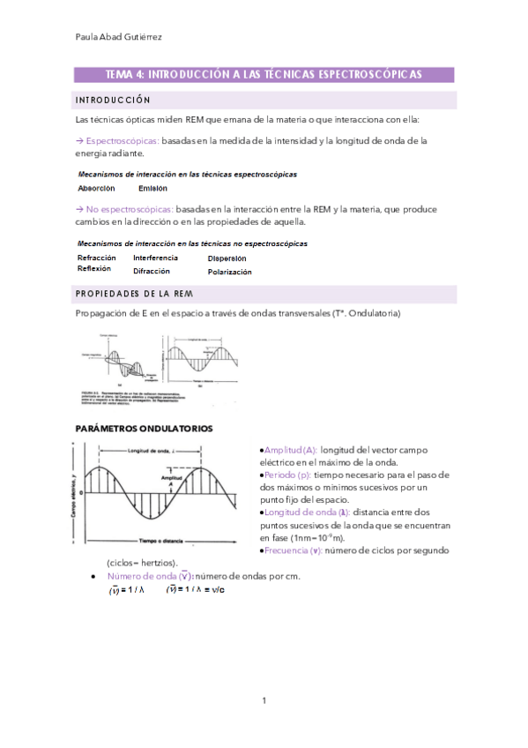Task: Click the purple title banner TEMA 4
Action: click(264, 75)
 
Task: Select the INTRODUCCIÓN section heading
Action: click(114, 100)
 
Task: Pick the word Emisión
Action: click(152, 188)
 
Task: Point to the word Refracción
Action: click(97, 258)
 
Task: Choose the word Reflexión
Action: click(95, 268)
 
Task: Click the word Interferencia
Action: click(155, 258)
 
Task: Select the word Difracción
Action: click(152, 271)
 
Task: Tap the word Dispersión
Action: click(227, 258)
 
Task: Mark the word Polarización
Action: click(229, 272)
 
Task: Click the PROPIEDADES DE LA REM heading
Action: click(134, 294)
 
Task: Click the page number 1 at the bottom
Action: click(264, 700)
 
